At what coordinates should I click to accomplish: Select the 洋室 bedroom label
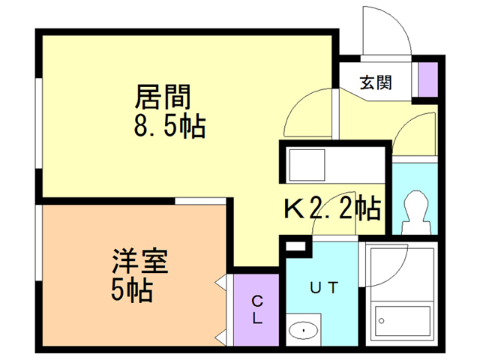tap(139, 262)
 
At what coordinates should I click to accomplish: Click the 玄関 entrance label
tap(375, 82)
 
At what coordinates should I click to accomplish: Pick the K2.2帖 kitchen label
tap(331, 207)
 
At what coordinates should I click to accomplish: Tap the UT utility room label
tap(324, 286)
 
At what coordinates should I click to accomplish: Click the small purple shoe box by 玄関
tap(427, 81)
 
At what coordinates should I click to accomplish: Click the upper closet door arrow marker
tap(220, 283)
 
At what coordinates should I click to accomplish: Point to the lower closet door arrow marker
tap(220, 333)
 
